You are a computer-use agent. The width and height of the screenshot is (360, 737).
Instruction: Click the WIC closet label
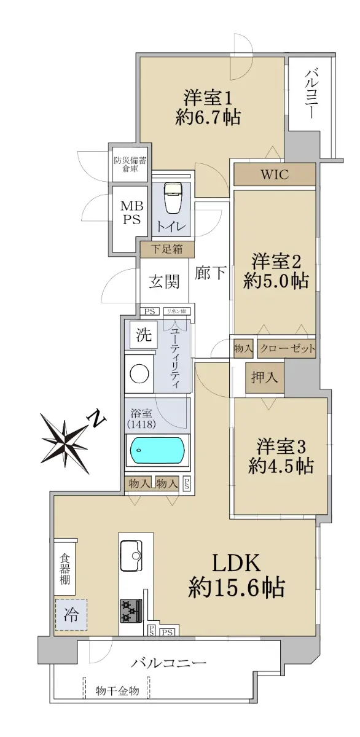[275, 174]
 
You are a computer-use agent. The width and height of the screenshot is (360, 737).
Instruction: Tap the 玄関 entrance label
[164, 282]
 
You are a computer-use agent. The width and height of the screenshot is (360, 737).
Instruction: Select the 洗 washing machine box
[144, 335]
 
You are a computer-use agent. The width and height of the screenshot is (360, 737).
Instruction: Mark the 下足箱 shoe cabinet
[166, 249]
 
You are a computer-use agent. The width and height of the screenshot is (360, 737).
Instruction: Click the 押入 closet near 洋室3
[264, 378]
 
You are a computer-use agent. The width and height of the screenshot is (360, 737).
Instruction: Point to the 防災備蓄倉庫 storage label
[130, 165]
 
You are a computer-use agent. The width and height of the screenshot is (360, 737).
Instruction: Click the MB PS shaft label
[132, 213]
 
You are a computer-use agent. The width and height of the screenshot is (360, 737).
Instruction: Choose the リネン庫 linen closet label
[177, 311]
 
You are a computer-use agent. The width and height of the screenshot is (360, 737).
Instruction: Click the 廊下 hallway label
[210, 273]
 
